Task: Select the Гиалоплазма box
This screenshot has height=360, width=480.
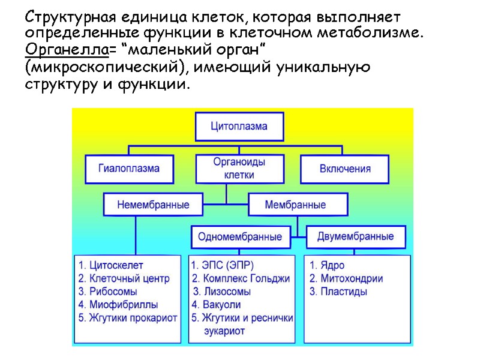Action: [129, 168]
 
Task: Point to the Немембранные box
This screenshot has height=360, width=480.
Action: [152, 205]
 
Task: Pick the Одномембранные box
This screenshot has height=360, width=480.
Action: [239, 236]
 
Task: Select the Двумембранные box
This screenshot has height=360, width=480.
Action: [356, 236]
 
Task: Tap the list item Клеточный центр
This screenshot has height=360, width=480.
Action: [129, 278]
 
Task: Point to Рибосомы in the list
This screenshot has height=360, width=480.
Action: [116, 292]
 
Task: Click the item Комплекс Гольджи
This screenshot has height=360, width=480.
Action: [246, 278]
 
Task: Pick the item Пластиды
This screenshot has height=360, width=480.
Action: [345, 292]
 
